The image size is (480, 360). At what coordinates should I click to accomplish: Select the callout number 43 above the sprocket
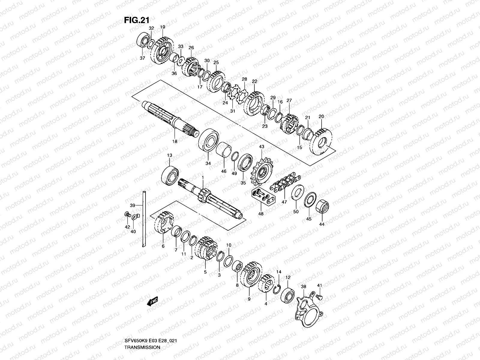[262, 147]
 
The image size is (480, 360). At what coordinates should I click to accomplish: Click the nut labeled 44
[322, 207]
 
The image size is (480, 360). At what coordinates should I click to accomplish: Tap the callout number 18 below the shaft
[175, 141]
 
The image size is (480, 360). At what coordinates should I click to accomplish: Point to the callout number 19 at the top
[163, 27]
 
